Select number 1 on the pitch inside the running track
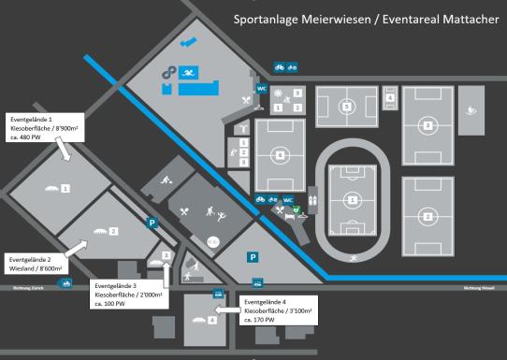[x=351, y=199]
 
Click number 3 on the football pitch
[x=427, y=124]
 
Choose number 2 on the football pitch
[x=427, y=217]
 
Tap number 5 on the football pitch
[x=346, y=107]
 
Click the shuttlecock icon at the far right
[x=479, y=109]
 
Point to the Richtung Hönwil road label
[x=478, y=287]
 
